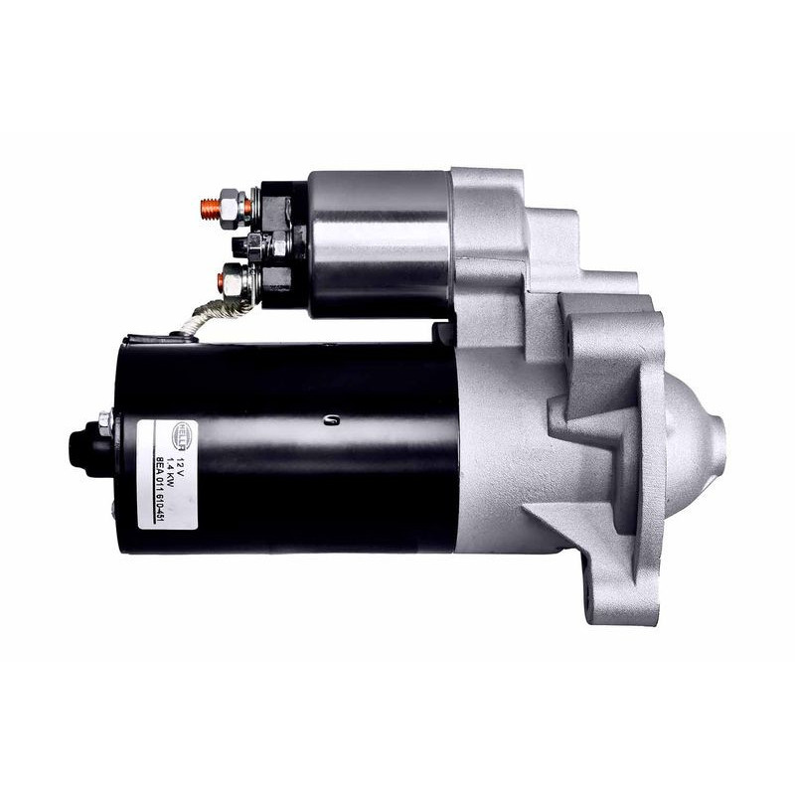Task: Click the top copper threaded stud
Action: click(x=209, y=208)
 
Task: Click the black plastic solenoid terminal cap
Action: click(x=283, y=243)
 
